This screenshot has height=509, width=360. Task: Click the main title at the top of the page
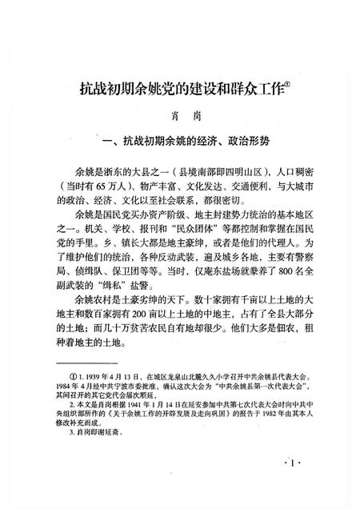(171, 89)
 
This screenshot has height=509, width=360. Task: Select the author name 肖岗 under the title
(179, 117)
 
